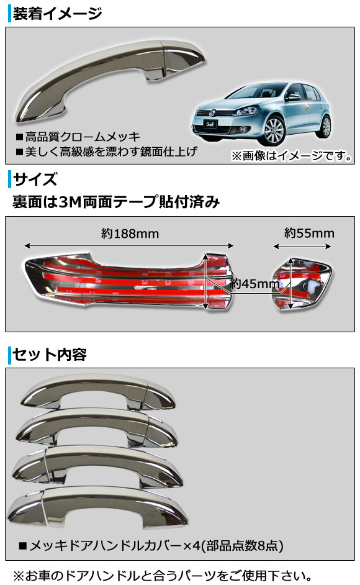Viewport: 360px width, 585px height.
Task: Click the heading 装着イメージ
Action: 57,14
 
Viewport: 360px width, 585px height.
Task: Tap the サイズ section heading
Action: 35,179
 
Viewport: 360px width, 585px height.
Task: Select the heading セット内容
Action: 50,354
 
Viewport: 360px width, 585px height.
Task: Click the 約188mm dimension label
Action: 130,234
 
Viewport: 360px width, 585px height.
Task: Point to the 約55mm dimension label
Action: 309,233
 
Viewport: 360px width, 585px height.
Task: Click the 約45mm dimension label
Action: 255,284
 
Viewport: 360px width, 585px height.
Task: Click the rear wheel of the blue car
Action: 326,126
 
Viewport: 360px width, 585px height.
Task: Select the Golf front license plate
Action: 210,124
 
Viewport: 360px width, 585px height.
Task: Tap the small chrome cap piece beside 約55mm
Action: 302,282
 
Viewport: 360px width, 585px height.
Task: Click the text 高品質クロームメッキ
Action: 82,137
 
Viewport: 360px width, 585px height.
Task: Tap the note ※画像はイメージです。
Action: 292,156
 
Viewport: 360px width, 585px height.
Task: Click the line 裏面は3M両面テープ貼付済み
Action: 117,202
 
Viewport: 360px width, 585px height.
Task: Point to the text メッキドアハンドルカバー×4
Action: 110,546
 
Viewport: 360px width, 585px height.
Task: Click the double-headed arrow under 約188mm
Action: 129,246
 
